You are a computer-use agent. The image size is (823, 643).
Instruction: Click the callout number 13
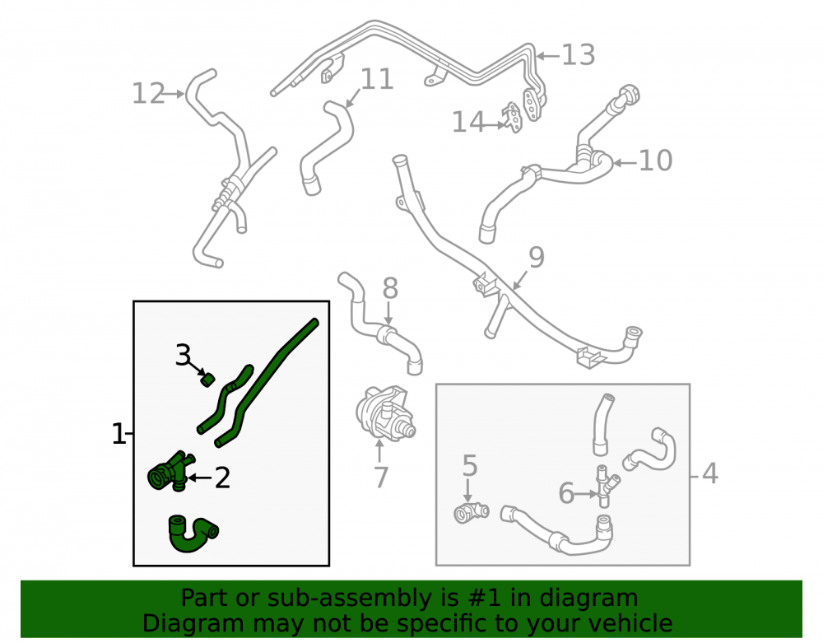(579, 55)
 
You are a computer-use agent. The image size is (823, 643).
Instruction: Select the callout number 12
(148, 93)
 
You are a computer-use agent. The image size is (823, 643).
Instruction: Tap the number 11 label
(377, 79)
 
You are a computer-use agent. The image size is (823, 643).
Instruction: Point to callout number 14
(467, 122)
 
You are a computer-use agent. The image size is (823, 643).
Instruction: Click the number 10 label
(655, 161)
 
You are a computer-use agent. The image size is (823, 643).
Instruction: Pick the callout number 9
(537, 257)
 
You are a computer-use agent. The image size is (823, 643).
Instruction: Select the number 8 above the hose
(390, 288)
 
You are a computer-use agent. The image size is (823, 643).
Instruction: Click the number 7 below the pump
(380, 478)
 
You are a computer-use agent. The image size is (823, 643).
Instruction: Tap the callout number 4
(709, 473)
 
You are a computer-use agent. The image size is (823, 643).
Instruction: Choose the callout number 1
(119, 434)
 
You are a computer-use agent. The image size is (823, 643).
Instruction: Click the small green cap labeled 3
(208, 379)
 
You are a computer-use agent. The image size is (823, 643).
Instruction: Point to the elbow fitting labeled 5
(471, 512)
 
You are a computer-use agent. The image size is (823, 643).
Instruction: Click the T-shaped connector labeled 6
(605, 486)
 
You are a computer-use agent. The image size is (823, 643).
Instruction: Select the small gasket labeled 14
(513, 118)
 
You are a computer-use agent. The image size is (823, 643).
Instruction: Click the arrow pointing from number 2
(200, 478)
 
